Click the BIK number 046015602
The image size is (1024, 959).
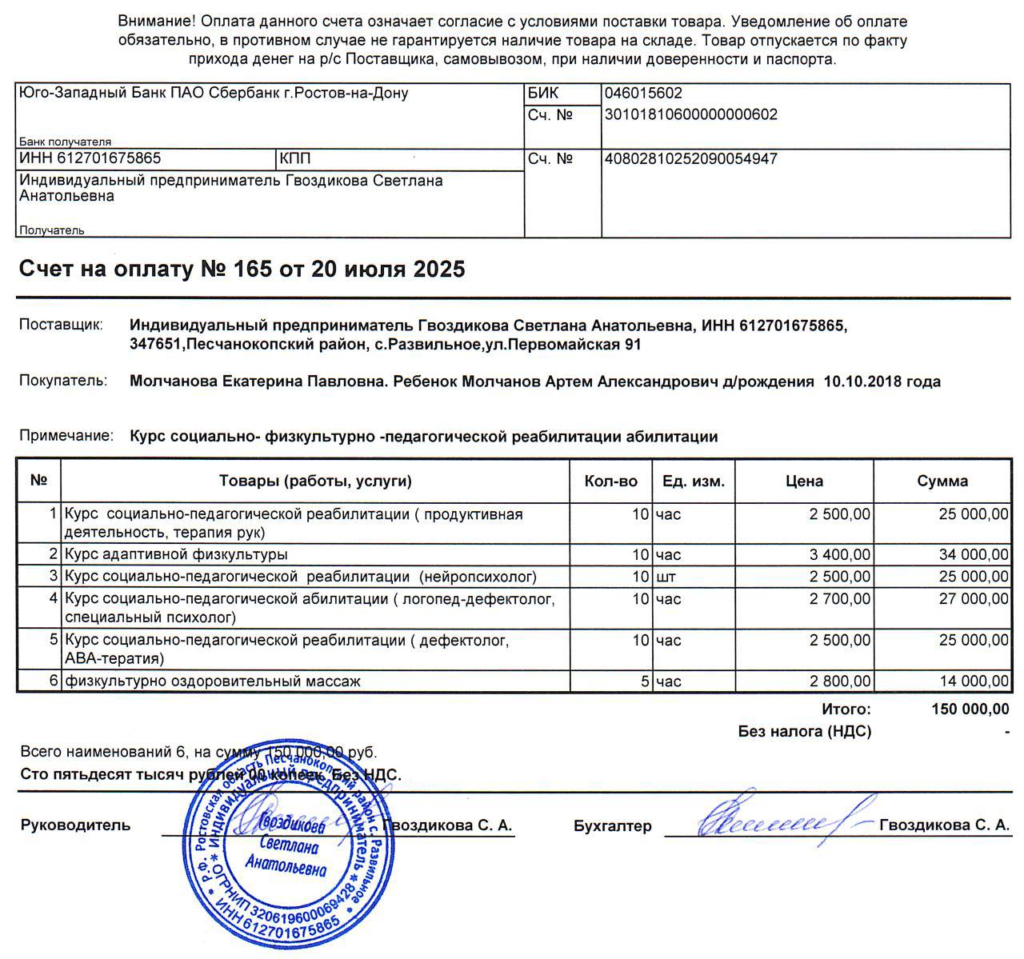[643, 94]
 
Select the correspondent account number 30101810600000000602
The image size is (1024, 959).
[691, 115]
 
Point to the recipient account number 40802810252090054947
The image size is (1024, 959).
[691, 159]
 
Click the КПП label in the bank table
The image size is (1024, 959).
[295, 159]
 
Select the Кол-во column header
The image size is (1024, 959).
[610, 481]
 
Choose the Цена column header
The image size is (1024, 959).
[804, 481]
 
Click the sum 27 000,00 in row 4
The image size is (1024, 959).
[974, 599]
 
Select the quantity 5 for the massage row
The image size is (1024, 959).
[644, 681]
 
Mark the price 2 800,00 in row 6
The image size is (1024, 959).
[840, 681]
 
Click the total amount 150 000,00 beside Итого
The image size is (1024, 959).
[970, 709]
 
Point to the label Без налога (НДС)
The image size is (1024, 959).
[804, 731]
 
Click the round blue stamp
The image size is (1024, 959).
[288, 848]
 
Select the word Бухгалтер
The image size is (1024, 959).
[612, 826]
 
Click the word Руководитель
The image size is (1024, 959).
[75, 825]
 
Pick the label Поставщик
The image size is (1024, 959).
[61, 326]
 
